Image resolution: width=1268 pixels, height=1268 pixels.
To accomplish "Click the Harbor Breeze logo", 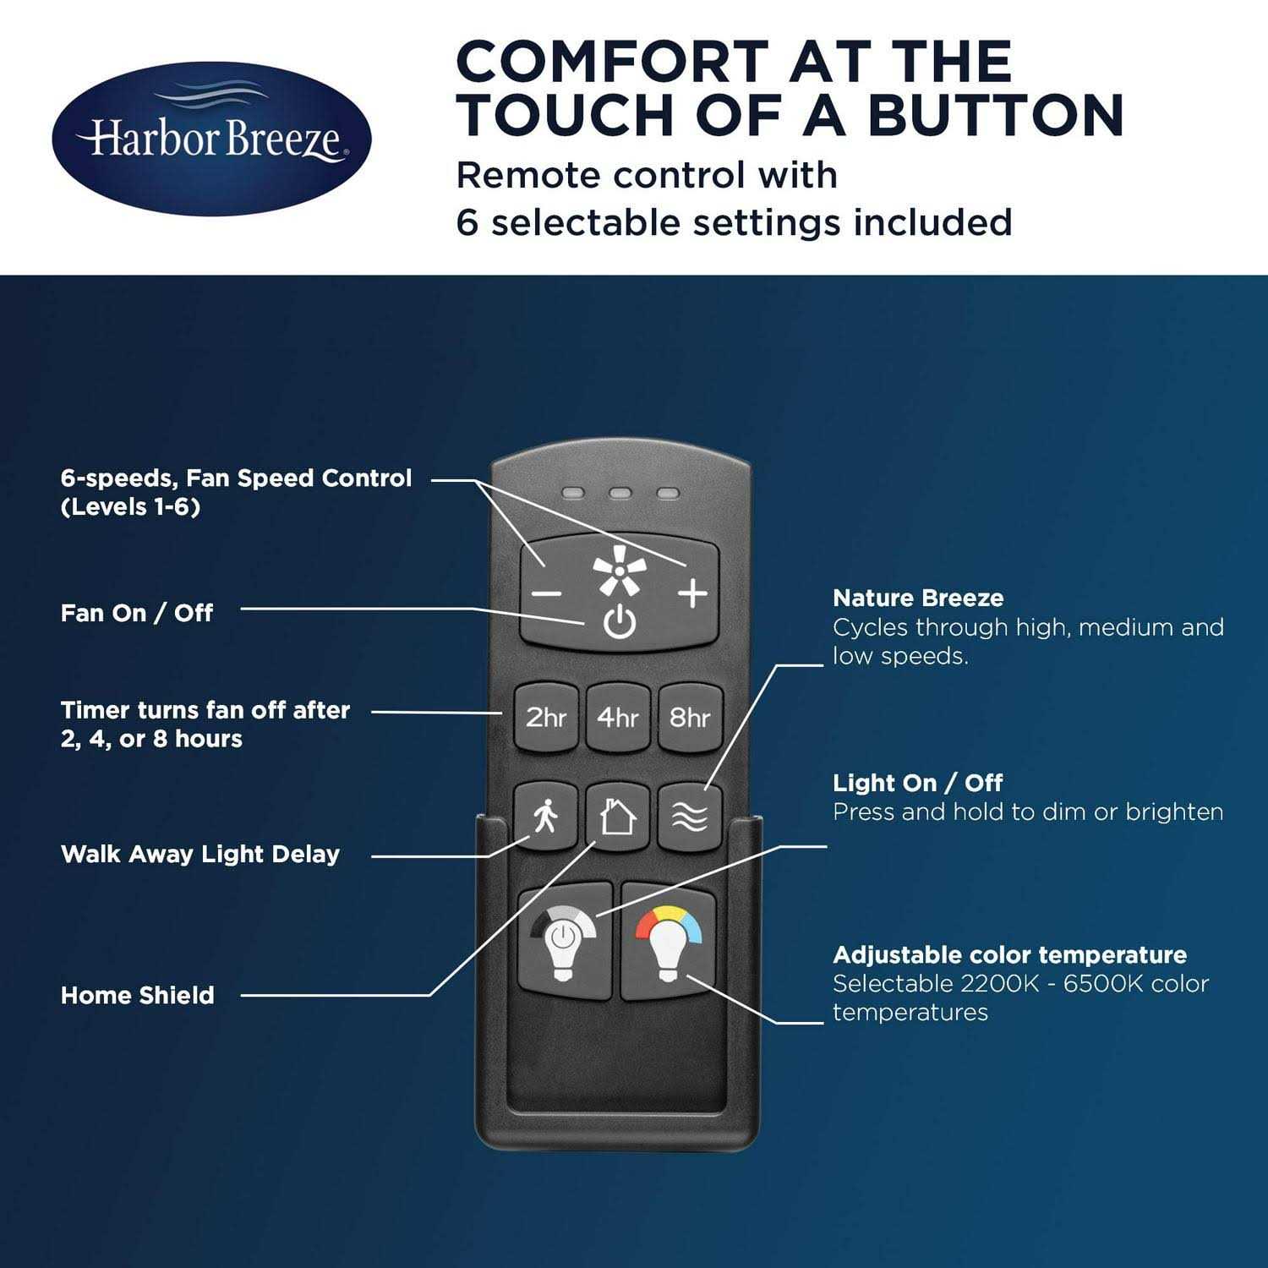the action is pyautogui.click(x=211, y=139).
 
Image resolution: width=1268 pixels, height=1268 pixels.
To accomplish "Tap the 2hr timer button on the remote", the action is pyautogui.click(x=546, y=717).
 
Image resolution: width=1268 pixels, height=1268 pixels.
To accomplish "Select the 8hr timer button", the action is pyautogui.click(x=690, y=717).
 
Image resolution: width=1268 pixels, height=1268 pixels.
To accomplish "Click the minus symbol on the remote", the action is pyautogui.click(x=546, y=593).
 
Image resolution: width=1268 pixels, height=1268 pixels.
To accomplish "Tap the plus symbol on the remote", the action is pyautogui.click(x=692, y=593).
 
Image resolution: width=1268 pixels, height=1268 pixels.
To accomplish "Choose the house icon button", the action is pyautogui.click(x=618, y=817).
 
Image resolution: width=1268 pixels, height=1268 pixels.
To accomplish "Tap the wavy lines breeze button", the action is pyautogui.click(x=690, y=817).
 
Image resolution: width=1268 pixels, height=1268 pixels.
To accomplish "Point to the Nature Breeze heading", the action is pyautogui.click(x=918, y=598).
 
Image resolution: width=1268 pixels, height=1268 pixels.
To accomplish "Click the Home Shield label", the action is pyautogui.click(x=138, y=995).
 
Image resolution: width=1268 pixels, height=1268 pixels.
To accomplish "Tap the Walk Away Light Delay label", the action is pyautogui.click(x=200, y=854).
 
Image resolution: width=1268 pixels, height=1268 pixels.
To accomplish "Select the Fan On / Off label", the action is pyautogui.click(x=137, y=613).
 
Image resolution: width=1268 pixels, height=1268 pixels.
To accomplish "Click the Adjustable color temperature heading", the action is pyautogui.click(x=1010, y=955).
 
